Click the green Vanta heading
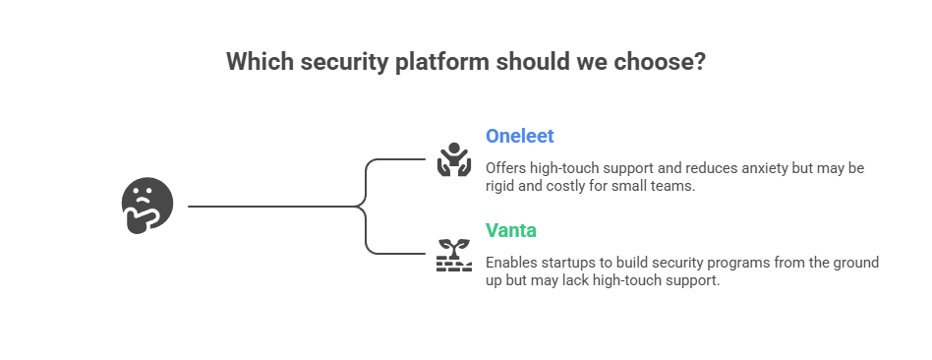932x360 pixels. (511, 231)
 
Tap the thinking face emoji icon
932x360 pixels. (147, 207)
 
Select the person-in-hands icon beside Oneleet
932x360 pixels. (454, 160)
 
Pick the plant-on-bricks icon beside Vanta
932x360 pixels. (454, 255)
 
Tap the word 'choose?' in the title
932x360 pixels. (664, 61)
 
